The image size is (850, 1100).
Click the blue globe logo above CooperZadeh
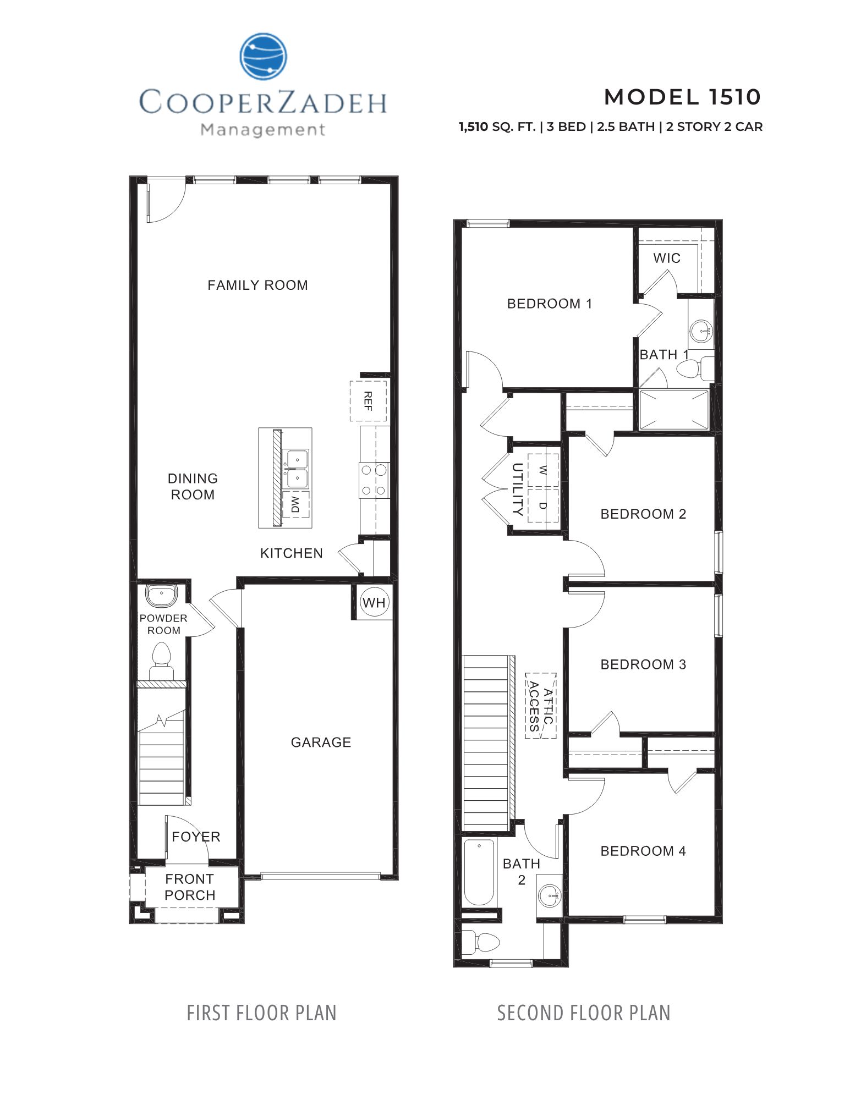tap(263, 57)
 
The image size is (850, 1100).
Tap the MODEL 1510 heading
tap(682, 97)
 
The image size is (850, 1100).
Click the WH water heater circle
tap(374, 602)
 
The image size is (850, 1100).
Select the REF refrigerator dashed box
tap(368, 400)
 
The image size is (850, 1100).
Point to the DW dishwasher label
tap(295, 504)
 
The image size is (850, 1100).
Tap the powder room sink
tap(161, 595)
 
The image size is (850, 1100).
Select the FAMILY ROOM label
tap(257, 285)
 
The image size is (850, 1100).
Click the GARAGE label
tap(321, 742)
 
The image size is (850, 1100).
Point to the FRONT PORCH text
tap(190, 887)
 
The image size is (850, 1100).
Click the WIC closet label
tap(667, 258)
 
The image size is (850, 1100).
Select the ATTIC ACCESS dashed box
tap(540, 706)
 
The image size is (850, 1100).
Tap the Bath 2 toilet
tap(480, 942)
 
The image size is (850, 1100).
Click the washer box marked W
tap(542, 470)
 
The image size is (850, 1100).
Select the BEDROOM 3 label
tap(643, 664)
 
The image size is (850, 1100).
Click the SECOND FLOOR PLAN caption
tap(583, 1013)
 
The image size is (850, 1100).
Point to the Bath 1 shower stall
tap(673, 410)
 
